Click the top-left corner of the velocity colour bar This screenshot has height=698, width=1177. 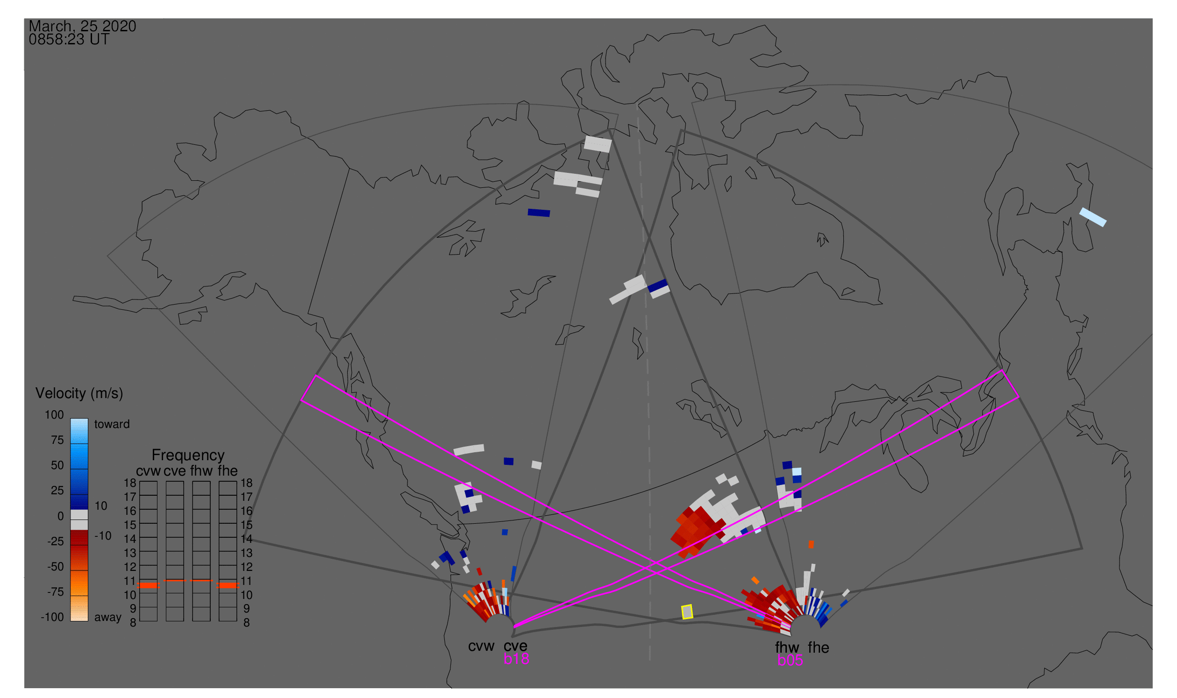pyautogui.click(x=71, y=419)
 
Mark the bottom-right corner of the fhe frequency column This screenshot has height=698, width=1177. pyautogui.click(x=236, y=621)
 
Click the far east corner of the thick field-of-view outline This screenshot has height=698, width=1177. pyautogui.click(x=1083, y=548)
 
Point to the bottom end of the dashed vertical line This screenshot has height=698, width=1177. pyautogui.click(x=650, y=660)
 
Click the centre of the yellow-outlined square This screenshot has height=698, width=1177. pyautogui.click(x=687, y=612)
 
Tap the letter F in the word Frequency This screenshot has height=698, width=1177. pyautogui.click(x=156, y=456)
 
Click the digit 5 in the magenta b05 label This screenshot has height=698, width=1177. pyautogui.click(x=798, y=661)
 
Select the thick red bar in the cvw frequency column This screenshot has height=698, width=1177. pyautogui.click(x=149, y=585)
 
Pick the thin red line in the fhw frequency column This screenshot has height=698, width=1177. pyautogui.click(x=201, y=581)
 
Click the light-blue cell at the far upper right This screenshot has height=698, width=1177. pyautogui.click(x=1093, y=217)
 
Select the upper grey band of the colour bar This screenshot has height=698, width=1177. pyautogui.click(x=79, y=514)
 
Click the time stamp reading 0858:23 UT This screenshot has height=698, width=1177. pyautogui.click(x=69, y=40)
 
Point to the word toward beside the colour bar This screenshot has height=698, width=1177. pyautogui.click(x=112, y=424)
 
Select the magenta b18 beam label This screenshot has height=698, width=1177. pyautogui.click(x=516, y=659)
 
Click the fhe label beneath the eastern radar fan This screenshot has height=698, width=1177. pyautogui.click(x=819, y=648)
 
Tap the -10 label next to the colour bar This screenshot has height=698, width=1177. pyautogui.click(x=103, y=536)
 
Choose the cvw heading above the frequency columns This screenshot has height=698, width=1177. pyautogui.click(x=148, y=471)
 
